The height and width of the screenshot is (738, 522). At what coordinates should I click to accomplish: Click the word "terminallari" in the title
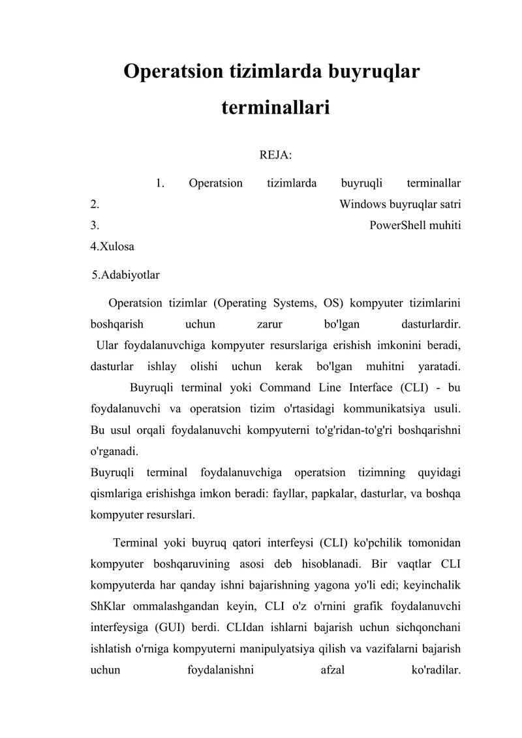(275, 106)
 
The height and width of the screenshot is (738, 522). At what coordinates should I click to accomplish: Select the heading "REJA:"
(275, 155)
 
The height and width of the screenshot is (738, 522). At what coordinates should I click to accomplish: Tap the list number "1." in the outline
(160, 183)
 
